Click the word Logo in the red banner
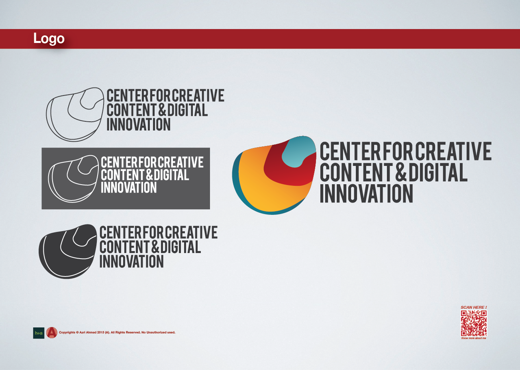(x=49, y=39)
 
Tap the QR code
(x=473, y=323)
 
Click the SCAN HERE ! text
(x=473, y=307)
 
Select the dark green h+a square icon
(x=39, y=333)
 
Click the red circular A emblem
(x=52, y=333)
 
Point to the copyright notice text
(x=117, y=332)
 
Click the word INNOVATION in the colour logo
(x=366, y=194)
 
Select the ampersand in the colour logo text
(x=401, y=172)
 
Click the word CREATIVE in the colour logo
(x=453, y=151)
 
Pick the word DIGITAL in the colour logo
(x=438, y=172)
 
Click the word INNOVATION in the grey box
(x=129, y=187)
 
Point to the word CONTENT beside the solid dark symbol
(x=124, y=247)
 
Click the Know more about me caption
(x=473, y=338)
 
